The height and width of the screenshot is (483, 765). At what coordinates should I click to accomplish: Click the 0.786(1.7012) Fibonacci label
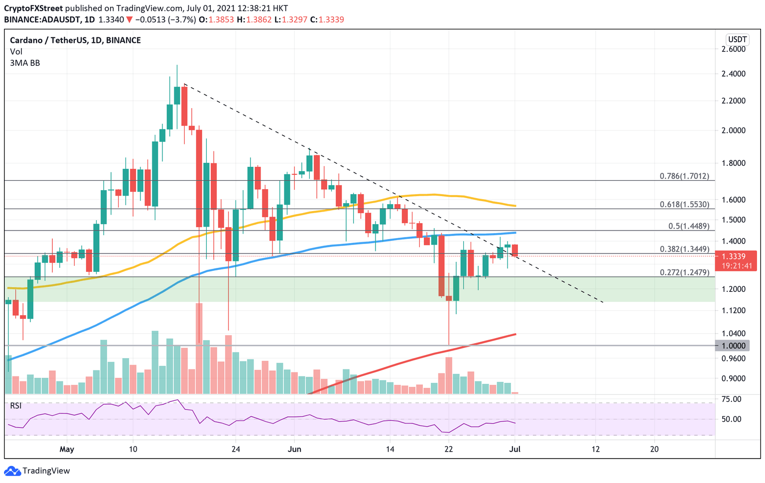pyautogui.click(x=684, y=176)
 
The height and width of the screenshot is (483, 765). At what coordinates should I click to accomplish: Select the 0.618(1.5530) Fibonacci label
pyautogui.click(x=684, y=204)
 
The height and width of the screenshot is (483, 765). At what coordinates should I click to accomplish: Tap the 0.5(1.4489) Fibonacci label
pyautogui.click(x=688, y=226)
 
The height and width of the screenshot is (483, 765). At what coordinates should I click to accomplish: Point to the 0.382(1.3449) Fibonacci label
pyautogui.click(x=684, y=249)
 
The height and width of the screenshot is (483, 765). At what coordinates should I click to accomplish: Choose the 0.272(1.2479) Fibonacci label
pyautogui.click(x=684, y=272)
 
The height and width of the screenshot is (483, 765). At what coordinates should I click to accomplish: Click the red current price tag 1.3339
pyautogui.click(x=735, y=256)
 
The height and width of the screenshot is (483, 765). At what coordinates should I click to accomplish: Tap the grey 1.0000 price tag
pyautogui.click(x=733, y=346)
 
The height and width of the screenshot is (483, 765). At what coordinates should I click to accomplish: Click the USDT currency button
pyautogui.click(x=737, y=39)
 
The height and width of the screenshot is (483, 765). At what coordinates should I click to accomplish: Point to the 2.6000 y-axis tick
pyautogui.click(x=733, y=49)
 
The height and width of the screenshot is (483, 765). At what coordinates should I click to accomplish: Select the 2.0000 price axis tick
pyautogui.click(x=733, y=130)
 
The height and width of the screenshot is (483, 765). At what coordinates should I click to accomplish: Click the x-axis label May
pyautogui.click(x=67, y=449)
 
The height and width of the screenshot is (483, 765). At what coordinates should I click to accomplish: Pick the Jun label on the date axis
pyautogui.click(x=294, y=449)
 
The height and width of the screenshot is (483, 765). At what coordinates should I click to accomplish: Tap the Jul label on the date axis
pyautogui.click(x=514, y=449)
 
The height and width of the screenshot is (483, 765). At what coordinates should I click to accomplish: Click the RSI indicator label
pyautogui.click(x=16, y=406)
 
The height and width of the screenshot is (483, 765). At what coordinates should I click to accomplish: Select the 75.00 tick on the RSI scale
pyautogui.click(x=731, y=399)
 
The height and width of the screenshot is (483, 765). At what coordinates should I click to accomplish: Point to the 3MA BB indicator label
pyautogui.click(x=25, y=63)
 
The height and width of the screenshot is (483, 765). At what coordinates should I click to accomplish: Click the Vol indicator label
pyautogui.click(x=16, y=52)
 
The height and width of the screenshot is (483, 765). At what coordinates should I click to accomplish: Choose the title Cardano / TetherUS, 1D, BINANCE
pyautogui.click(x=75, y=40)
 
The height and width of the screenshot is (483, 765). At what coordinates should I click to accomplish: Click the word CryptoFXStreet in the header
pyautogui.click(x=33, y=8)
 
